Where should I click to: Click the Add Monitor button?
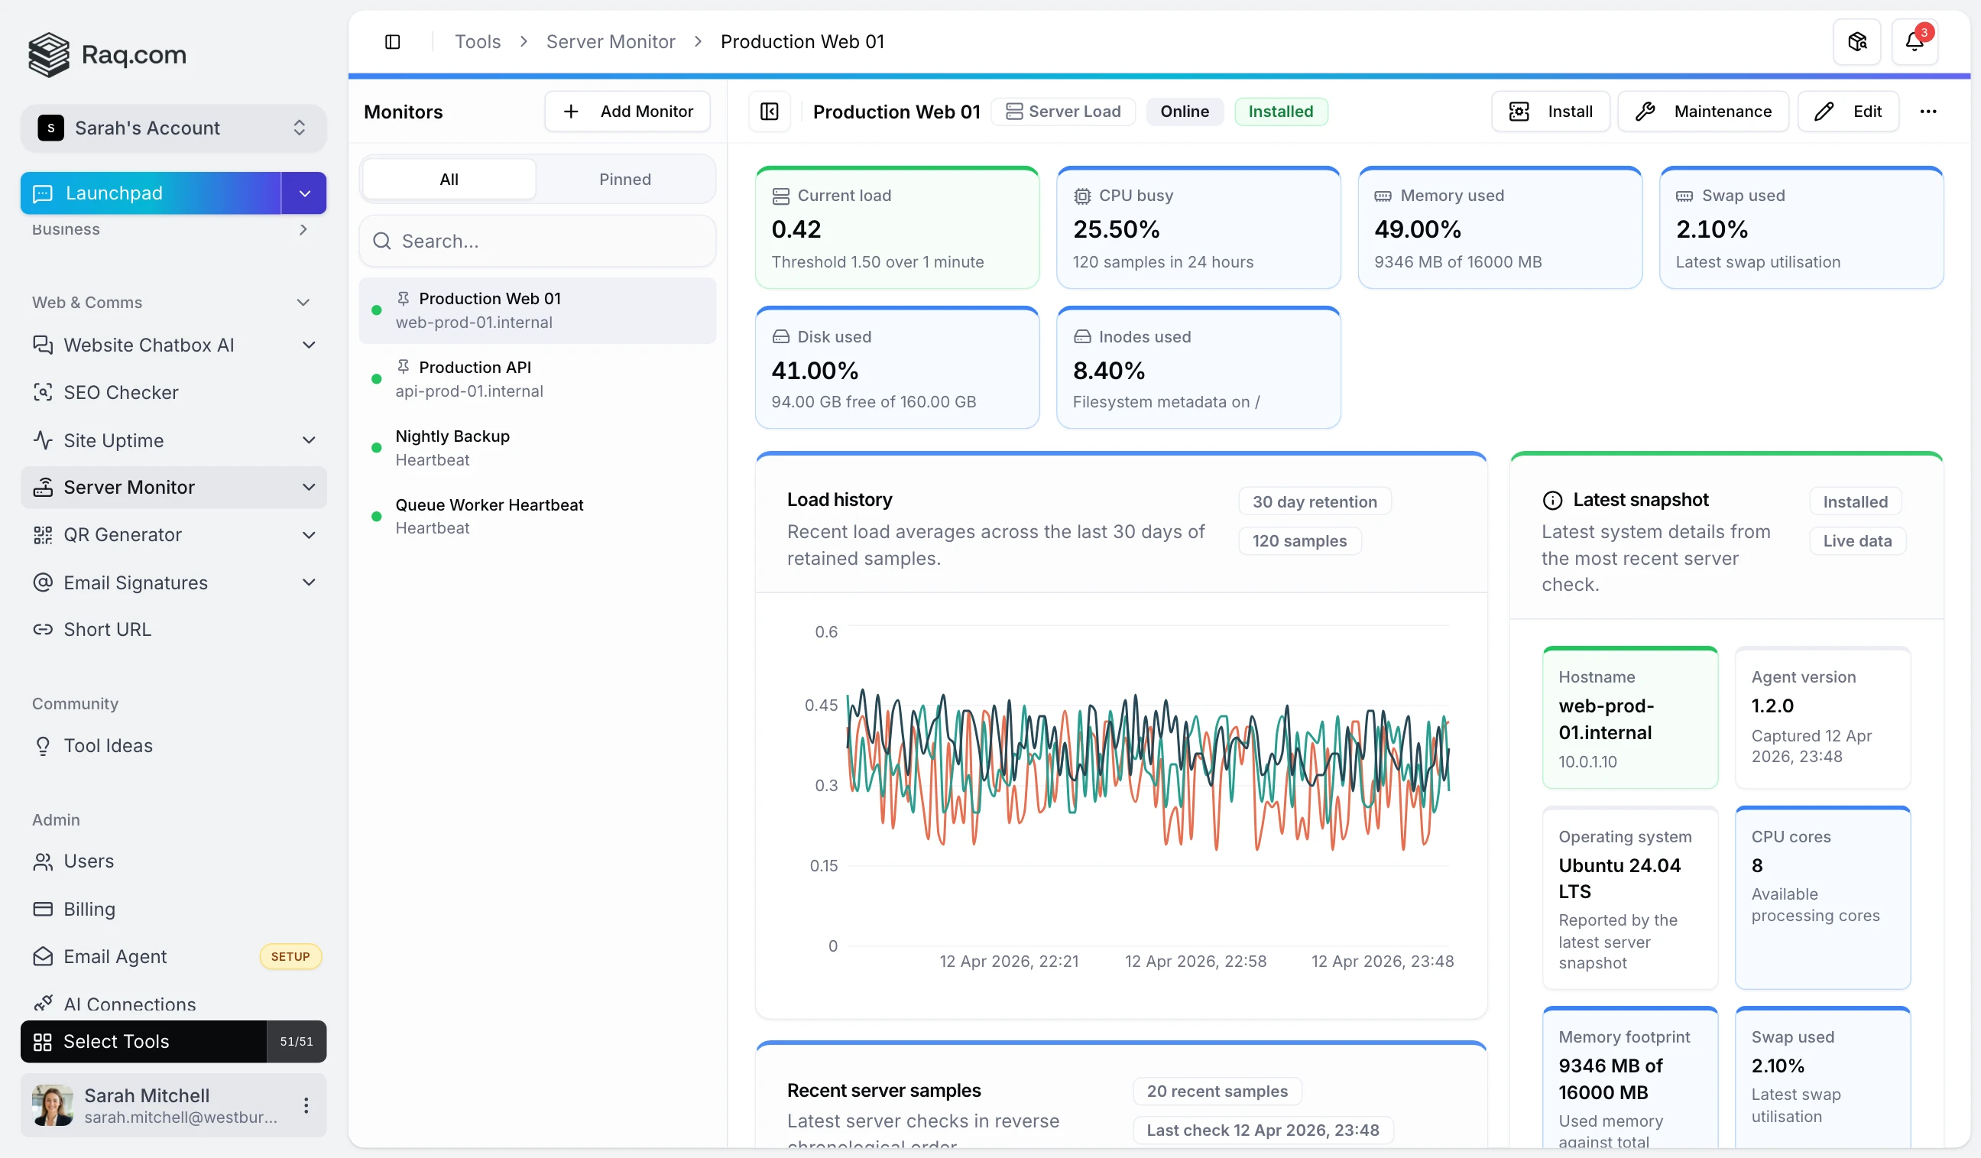pos(627,112)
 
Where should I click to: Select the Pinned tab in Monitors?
pos(625,180)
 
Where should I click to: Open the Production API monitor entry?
pos(475,379)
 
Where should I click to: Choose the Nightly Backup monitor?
pos(452,447)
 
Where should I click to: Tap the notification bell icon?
pos(1914,42)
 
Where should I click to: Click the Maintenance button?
pos(1703,112)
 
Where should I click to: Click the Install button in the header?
pos(1550,112)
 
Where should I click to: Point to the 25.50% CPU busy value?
pos(1117,229)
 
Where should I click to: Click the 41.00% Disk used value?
pos(815,370)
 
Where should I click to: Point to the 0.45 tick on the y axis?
pos(821,706)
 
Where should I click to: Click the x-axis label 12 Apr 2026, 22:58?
pos(1195,962)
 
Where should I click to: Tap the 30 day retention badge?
pos(1315,501)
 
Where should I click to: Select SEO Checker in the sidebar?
pos(121,392)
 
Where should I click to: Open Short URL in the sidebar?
pos(108,630)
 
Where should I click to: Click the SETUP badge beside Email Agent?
pos(290,957)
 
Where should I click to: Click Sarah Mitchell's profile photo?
pos(53,1105)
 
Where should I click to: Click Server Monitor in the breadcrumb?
pos(610,42)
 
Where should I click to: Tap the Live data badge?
pos(1856,541)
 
